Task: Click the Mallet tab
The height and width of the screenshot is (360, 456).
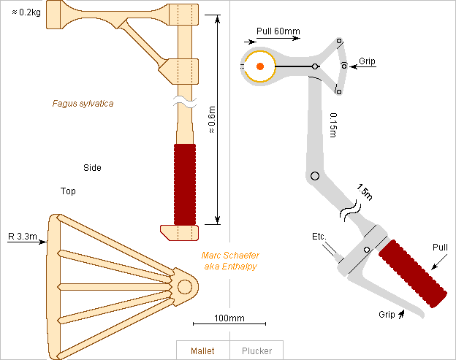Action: pos(202,351)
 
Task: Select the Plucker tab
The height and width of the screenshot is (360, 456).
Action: pos(256,351)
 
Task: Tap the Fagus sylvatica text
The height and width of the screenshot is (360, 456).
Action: pos(83,104)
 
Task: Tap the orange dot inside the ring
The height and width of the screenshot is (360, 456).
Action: pos(259,66)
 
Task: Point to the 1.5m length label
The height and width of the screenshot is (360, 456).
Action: pos(364,194)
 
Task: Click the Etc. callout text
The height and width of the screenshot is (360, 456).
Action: pos(319,237)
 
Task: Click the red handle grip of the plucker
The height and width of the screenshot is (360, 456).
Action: pos(414,272)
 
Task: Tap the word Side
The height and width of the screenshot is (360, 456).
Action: pos(92,168)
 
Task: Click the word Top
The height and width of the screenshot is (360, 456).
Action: pos(68,191)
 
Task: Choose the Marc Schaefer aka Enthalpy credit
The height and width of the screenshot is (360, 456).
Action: pos(230,261)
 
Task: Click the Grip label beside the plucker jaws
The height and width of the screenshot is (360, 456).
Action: pos(367,61)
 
